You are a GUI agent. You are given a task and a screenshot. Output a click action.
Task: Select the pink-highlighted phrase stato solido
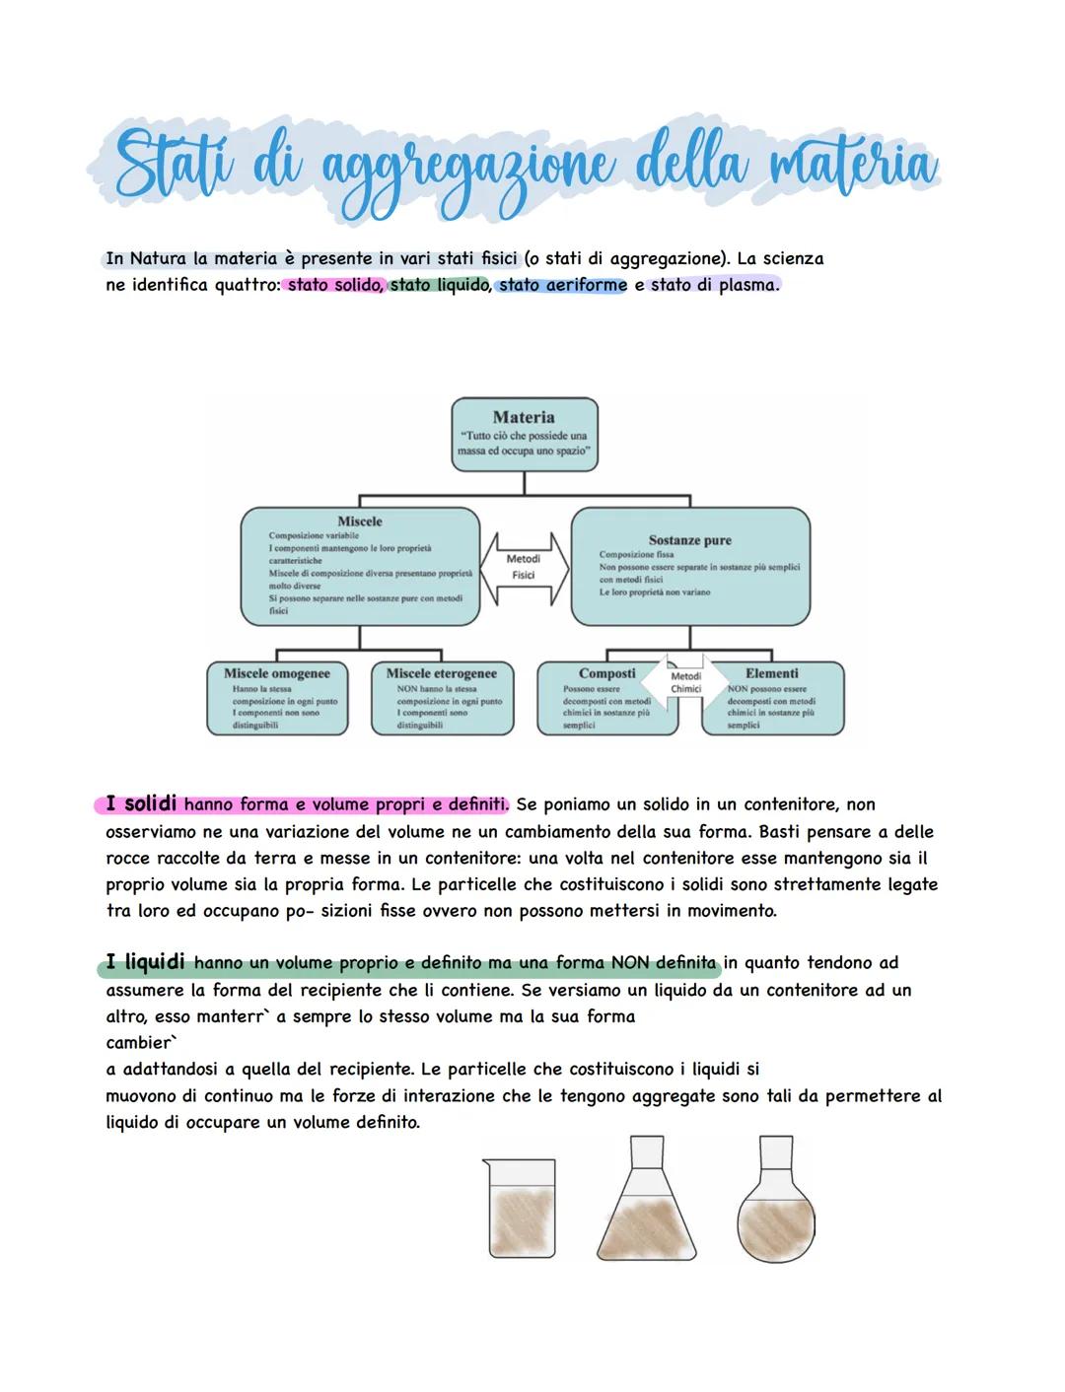tap(333, 286)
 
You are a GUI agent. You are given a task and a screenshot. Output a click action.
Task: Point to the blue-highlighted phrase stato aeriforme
tap(562, 286)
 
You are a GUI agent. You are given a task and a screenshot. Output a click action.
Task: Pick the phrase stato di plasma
tap(714, 286)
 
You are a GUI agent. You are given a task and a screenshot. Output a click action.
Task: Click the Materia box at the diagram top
tap(524, 433)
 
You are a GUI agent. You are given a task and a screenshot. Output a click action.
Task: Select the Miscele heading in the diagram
tap(359, 522)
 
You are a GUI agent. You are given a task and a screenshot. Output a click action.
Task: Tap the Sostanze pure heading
tap(689, 540)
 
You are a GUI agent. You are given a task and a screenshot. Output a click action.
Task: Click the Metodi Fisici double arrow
tap(523, 567)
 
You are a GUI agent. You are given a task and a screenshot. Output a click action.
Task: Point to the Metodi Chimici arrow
tap(686, 682)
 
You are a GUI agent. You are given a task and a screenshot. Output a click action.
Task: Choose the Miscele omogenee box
tap(277, 698)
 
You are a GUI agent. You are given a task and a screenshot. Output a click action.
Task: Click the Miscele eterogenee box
tap(442, 698)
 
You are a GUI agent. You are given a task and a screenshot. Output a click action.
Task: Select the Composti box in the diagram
tap(605, 698)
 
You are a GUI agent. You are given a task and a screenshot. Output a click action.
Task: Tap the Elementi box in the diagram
tap(773, 698)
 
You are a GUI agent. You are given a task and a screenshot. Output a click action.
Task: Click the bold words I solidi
tap(141, 804)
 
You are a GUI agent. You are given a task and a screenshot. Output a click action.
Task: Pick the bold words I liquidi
tap(146, 962)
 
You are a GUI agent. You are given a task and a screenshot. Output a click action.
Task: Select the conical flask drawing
tap(647, 1203)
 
